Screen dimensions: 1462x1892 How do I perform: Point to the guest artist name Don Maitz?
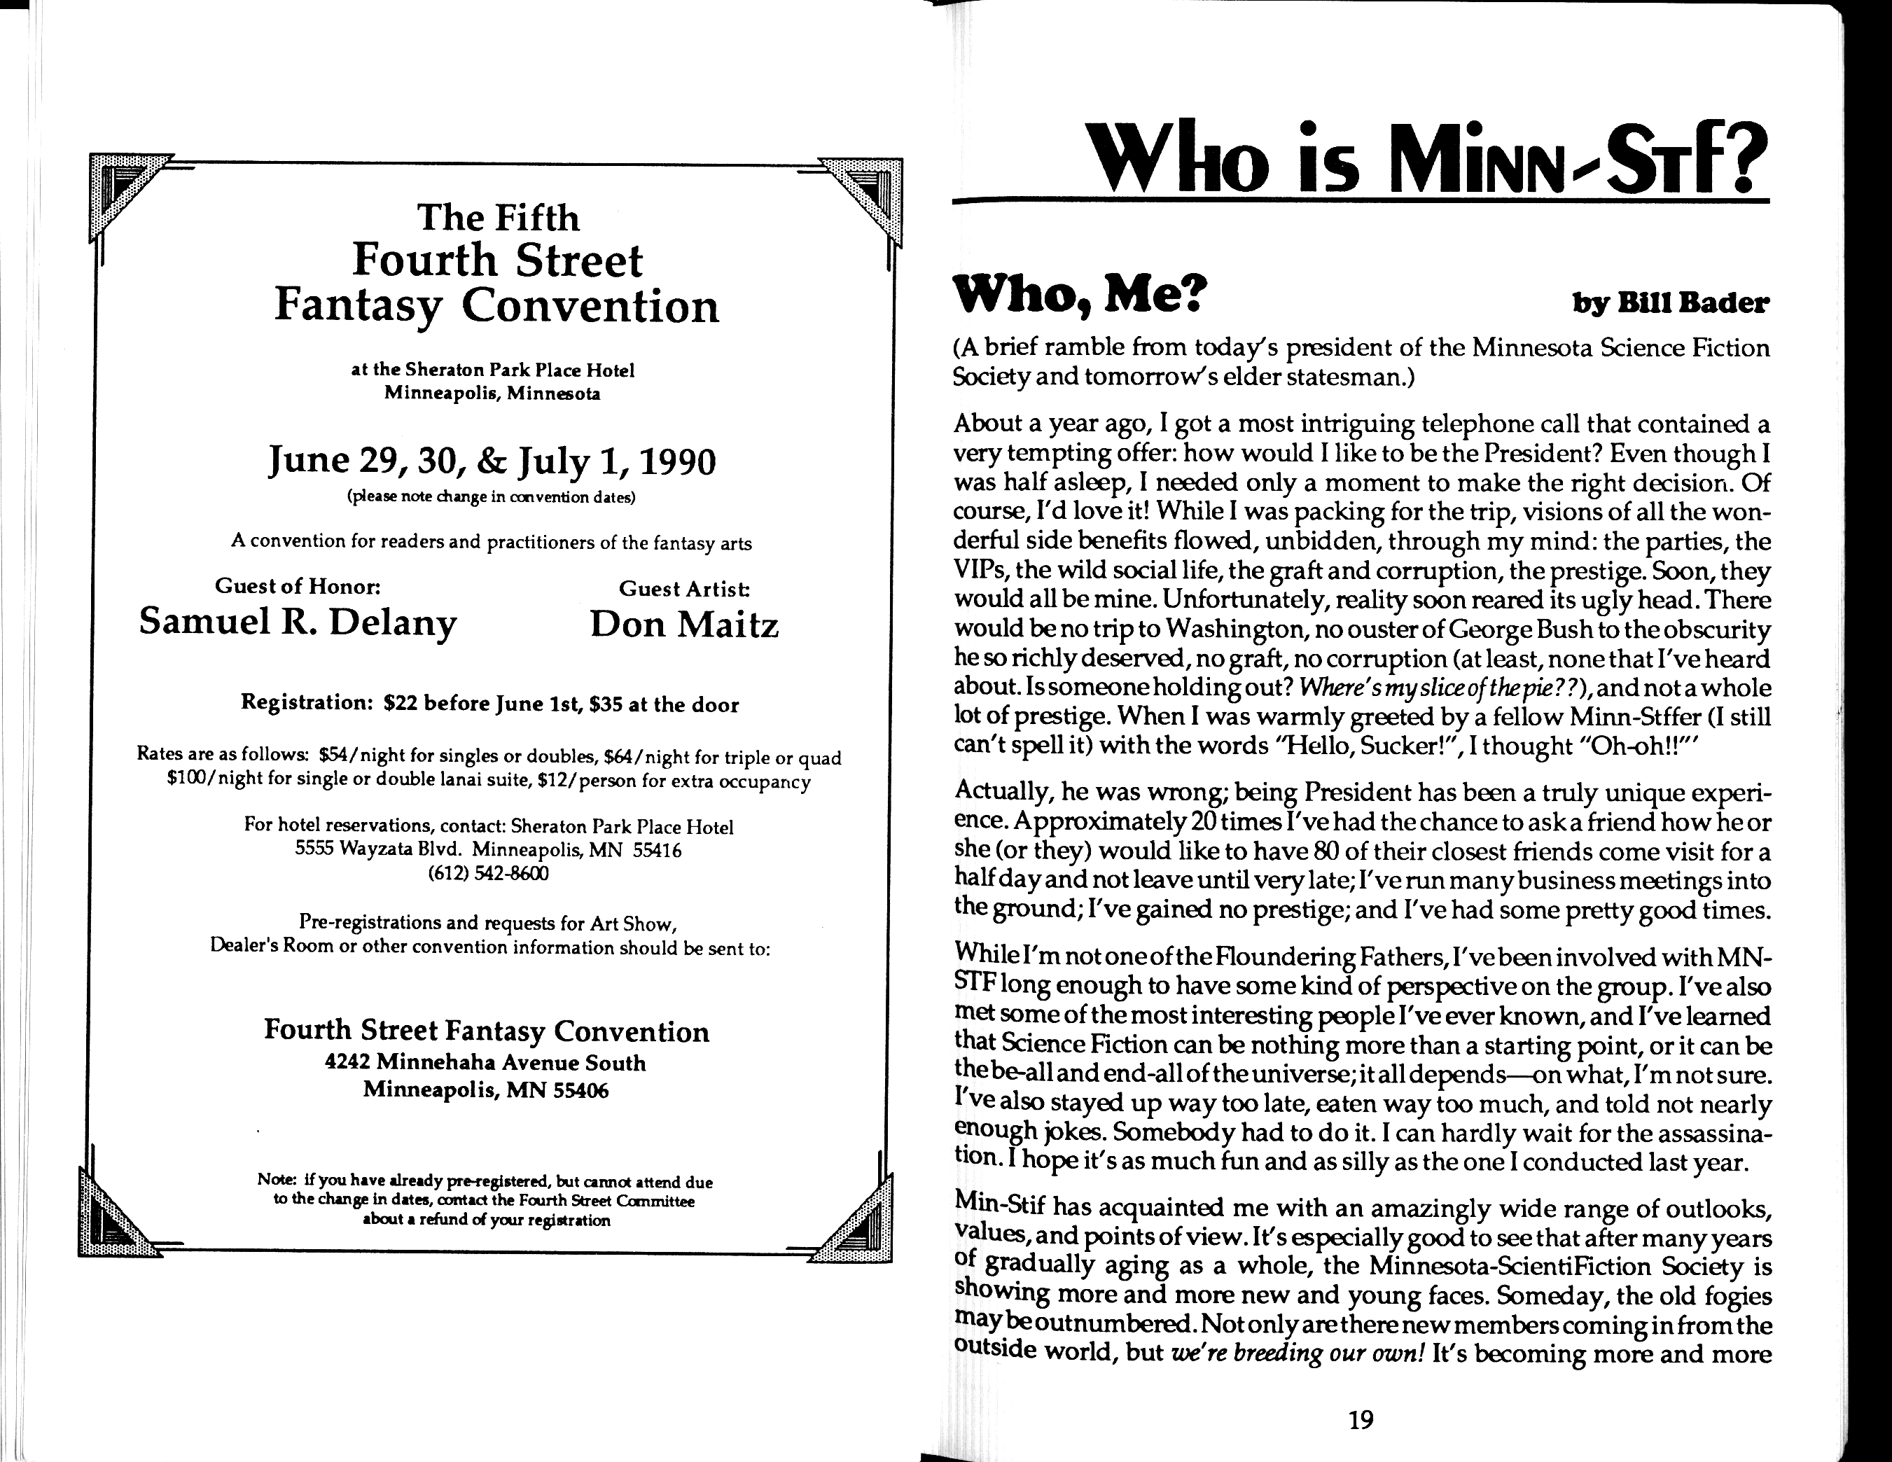pyautogui.click(x=684, y=625)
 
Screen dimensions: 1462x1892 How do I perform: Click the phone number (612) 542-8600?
pyautogui.click(x=488, y=873)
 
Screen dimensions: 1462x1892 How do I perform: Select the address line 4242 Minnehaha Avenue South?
pyautogui.click(x=485, y=1063)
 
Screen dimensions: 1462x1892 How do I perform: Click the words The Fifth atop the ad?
pyautogui.click(x=497, y=217)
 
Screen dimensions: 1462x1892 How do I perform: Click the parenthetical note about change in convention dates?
pyautogui.click(x=491, y=498)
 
